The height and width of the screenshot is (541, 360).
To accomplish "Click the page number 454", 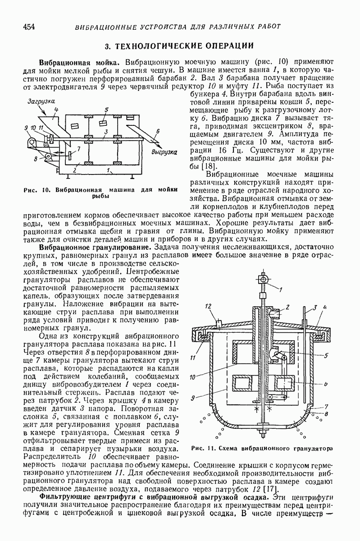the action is coord(29,26).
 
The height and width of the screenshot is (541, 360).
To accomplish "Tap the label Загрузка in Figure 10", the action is coord(41,101).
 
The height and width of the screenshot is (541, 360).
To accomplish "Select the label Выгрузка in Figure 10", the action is coord(164,152).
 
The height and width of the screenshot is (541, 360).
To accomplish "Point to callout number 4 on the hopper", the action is coord(56,110).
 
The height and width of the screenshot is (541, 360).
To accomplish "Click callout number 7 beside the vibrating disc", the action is coord(78,149).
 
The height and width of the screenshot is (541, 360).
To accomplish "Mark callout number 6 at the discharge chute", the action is coord(158,131).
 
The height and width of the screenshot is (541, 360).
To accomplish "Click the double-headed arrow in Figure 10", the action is coord(59,152).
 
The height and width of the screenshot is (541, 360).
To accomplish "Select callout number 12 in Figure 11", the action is coord(208,306).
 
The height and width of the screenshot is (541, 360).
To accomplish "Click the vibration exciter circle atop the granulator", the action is coord(263,280).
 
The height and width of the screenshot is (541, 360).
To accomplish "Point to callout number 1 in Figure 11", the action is coord(280,290).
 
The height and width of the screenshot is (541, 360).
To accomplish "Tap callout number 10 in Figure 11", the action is coord(192,377).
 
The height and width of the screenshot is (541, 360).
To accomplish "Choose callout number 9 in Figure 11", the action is coord(193,398).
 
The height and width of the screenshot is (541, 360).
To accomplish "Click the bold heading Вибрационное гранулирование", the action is coord(96,248).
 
